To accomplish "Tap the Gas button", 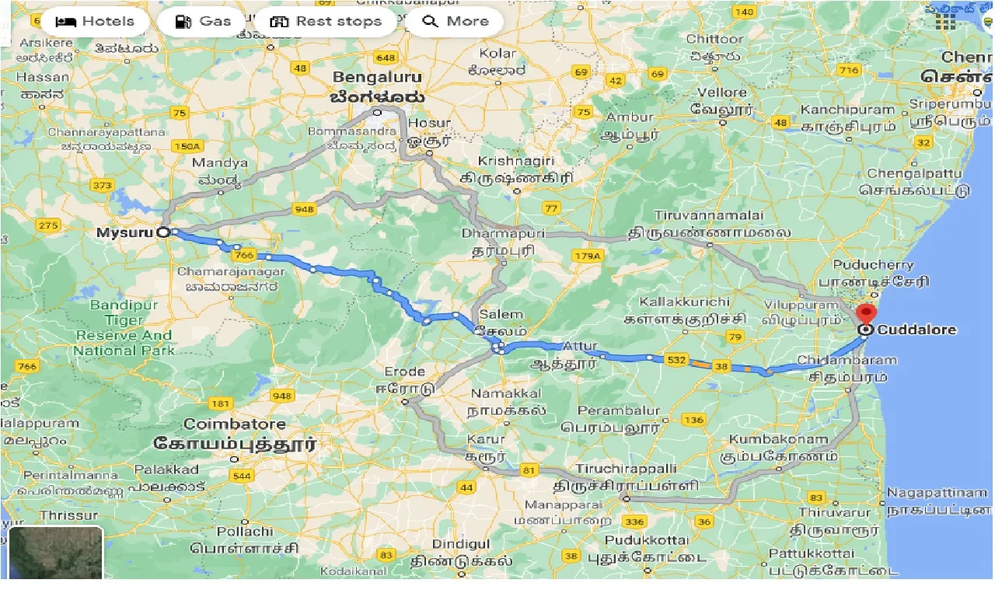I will coord(204,21).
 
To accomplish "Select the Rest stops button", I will coord(325,21).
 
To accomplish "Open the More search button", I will coord(456,21).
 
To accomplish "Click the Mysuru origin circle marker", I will coord(163,232).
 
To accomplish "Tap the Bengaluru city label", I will coord(377,78).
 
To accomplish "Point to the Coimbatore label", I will coord(235,424).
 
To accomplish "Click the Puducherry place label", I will coord(873,264).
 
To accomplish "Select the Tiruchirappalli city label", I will coord(626,469).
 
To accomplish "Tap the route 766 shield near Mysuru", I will coord(243,255).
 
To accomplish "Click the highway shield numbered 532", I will coord(676,359).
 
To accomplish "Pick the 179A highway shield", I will coord(588,256).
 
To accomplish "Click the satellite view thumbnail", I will coord(56,553).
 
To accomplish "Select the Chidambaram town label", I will coord(847,360).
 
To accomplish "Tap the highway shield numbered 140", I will coord(744,12).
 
